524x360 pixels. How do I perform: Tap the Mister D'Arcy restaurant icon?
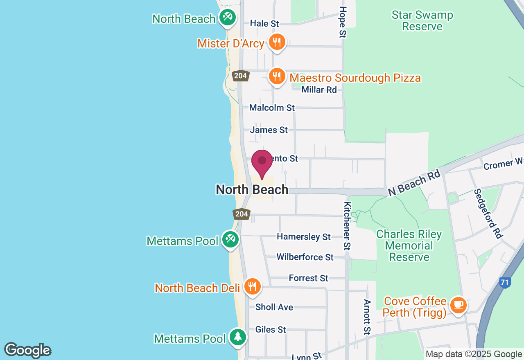[x=277, y=42]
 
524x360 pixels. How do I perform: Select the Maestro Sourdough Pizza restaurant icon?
[x=277, y=76]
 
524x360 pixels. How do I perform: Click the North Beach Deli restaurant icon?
[x=253, y=286]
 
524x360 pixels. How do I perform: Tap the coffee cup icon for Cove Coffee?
[x=458, y=305]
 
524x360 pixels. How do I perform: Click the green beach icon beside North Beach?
[x=226, y=17]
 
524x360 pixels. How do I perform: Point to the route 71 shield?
[x=505, y=282]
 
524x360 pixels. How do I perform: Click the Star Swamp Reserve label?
[x=422, y=21]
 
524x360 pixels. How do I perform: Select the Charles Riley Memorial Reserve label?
[x=409, y=245]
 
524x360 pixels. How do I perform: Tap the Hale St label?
[x=264, y=24]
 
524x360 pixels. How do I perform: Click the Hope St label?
[x=343, y=22]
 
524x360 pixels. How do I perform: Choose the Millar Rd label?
[x=319, y=90]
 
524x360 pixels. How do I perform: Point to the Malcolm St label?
[x=272, y=108]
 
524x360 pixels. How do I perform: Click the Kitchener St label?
[x=347, y=226]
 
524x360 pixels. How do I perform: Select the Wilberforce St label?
[x=305, y=257]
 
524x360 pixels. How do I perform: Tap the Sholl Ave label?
[x=274, y=307]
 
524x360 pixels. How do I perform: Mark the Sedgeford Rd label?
[x=488, y=214]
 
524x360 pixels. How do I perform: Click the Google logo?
[x=27, y=351]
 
